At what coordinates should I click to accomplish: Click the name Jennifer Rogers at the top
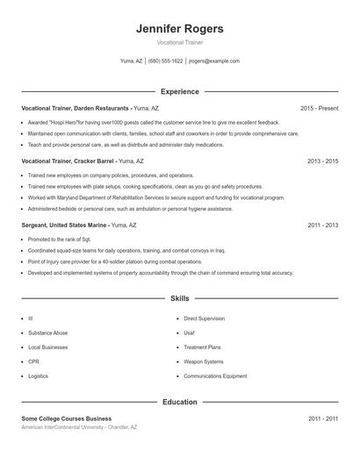coord(180,29)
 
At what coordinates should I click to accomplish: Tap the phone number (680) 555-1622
coord(165,61)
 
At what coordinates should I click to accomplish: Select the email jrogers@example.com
coord(213,61)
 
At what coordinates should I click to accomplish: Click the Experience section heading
coord(180,91)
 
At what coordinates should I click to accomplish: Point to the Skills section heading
coord(180,299)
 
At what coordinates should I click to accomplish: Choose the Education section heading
coord(180,402)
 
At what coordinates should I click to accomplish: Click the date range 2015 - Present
coord(319,108)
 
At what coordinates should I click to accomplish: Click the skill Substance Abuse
coord(48,333)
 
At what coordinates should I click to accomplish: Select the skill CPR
coord(33,361)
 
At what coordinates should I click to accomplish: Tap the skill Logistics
coord(39,376)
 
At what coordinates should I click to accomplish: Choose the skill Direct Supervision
coord(204,318)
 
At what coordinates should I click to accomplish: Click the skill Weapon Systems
coord(203,361)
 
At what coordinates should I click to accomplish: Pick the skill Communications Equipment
coord(214,376)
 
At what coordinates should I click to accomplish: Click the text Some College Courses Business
coord(67,418)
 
